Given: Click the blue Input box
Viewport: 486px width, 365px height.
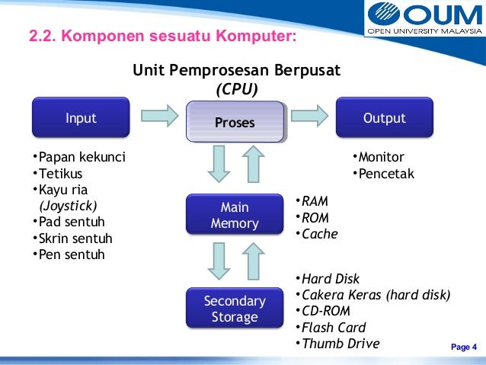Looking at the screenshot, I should click(81, 118).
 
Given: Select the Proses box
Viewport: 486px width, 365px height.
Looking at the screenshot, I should click(235, 122).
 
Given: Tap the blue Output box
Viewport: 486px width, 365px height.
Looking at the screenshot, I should click(384, 118).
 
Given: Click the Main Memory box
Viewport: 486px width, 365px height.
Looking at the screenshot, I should click(235, 216).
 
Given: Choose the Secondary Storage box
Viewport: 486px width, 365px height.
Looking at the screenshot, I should click(235, 309).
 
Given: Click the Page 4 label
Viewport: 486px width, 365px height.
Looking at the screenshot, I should click(463, 348).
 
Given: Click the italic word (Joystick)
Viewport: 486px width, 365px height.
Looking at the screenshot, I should click(68, 206).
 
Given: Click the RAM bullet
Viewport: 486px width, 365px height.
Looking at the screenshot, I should click(312, 201).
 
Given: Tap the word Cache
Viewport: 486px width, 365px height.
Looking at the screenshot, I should click(319, 234).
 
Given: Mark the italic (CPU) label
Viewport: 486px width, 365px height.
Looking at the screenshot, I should click(237, 89).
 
